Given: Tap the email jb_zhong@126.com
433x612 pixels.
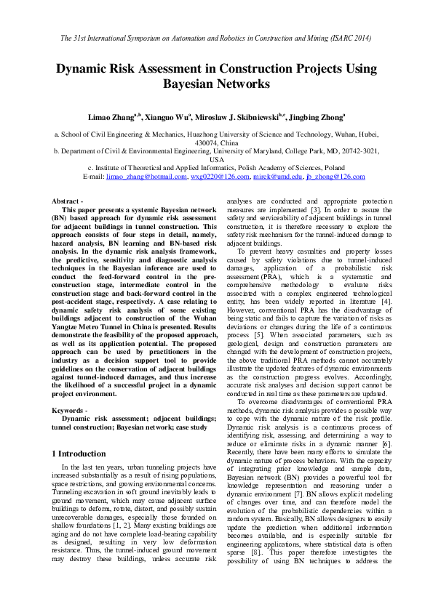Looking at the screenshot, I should point(335,177).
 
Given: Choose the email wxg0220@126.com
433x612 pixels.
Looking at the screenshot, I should point(218,177).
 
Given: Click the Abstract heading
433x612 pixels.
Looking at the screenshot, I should point(66,200).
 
